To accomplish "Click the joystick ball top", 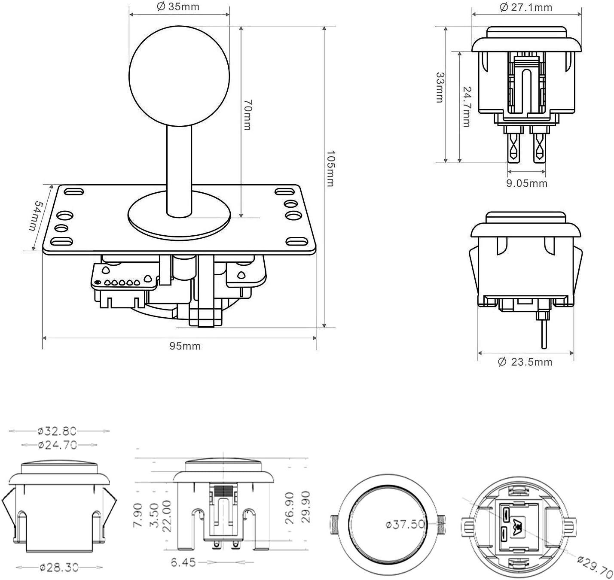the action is click(x=179, y=76).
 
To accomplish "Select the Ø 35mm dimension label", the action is click(x=178, y=6).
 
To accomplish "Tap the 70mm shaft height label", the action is click(x=247, y=115).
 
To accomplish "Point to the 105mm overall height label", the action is click(x=330, y=169).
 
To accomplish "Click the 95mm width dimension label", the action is click(x=185, y=346).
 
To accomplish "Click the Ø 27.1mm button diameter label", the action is click(x=526, y=7).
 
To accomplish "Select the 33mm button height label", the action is click(x=440, y=88).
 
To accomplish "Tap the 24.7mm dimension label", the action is click(x=467, y=107).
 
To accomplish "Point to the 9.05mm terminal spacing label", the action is click(x=527, y=183).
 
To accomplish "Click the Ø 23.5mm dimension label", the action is click(x=525, y=362).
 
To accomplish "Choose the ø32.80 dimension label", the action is click(x=57, y=431).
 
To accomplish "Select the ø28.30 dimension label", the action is click(x=59, y=567).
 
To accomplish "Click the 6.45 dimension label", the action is click(x=183, y=562).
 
